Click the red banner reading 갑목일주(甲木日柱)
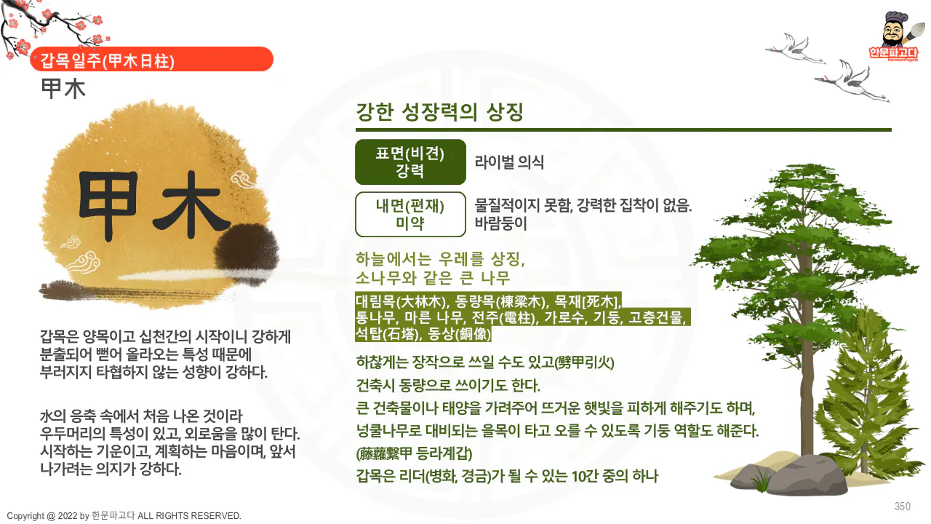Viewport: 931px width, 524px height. tap(151, 60)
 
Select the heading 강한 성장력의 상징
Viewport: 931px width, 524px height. tap(439, 113)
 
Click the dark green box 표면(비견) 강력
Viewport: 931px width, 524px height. tap(410, 162)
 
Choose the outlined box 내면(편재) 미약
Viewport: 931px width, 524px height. tap(410, 214)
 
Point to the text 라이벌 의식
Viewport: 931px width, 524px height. tap(509, 162)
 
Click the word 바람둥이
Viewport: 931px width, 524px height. tap(500, 223)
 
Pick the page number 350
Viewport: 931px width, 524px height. tap(903, 507)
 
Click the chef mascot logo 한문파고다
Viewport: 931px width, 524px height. tap(893, 36)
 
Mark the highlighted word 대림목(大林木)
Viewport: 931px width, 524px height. tap(401, 301)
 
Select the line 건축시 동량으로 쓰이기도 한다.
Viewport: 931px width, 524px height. tap(448, 384)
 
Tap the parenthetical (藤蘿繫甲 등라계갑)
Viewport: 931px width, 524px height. tap(415, 454)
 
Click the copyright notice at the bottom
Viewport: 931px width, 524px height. tap(124, 516)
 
